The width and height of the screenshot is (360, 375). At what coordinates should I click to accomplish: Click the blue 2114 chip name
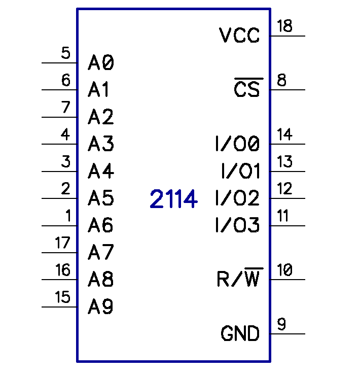click(173, 200)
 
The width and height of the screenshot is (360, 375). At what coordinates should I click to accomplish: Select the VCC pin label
click(239, 36)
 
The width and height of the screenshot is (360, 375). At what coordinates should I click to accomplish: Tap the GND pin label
click(240, 334)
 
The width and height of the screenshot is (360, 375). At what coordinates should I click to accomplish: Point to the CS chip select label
click(246, 89)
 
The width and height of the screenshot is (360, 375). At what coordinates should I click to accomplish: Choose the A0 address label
click(101, 63)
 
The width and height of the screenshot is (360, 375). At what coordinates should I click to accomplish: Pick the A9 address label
click(101, 306)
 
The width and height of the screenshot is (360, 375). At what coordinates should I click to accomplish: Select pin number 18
click(285, 26)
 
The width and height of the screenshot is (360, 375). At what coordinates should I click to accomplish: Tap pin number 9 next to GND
click(281, 324)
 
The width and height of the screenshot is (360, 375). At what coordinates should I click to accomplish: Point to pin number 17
click(62, 243)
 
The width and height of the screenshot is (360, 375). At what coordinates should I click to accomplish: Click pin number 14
click(285, 134)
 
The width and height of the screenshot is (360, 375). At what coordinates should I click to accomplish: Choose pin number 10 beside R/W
click(285, 270)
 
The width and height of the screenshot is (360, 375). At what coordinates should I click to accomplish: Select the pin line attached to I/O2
click(287, 198)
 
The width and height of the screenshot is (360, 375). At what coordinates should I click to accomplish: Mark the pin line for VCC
click(287, 36)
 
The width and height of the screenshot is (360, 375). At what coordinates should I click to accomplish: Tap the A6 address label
click(101, 225)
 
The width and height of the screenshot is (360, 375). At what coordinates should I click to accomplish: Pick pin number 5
click(65, 53)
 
